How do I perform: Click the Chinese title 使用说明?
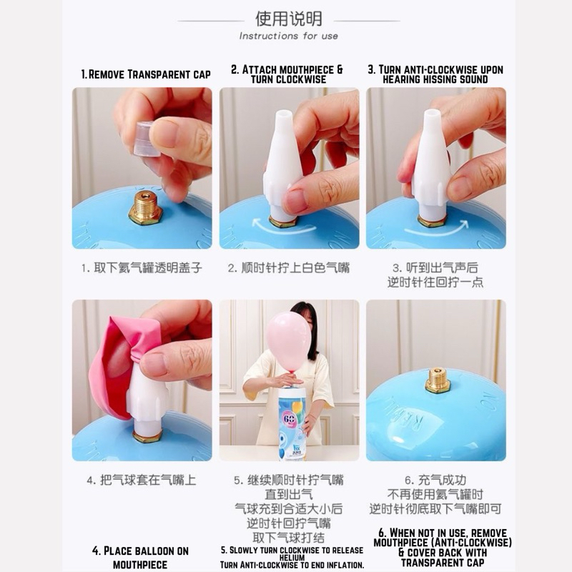pyautogui.click(x=289, y=19)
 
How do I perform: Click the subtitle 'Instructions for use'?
pyautogui.click(x=289, y=36)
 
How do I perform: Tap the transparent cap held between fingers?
pyautogui.click(x=148, y=139)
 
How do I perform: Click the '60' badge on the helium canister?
pyautogui.click(x=290, y=418)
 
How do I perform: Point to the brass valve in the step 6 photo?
pyautogui.click(x=438, y=381)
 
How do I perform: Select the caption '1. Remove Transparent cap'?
pyautogui.click(x=146, y=74)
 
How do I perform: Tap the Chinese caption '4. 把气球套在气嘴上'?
pyautogui.click(x=142, y=480)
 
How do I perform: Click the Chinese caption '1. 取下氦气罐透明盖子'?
pyautogui.click(x=142, y=267)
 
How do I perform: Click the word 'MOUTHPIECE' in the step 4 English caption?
pyautogui.click(x=140, y=565)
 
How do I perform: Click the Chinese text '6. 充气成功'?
pyautogui.click(x=435, y=480)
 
